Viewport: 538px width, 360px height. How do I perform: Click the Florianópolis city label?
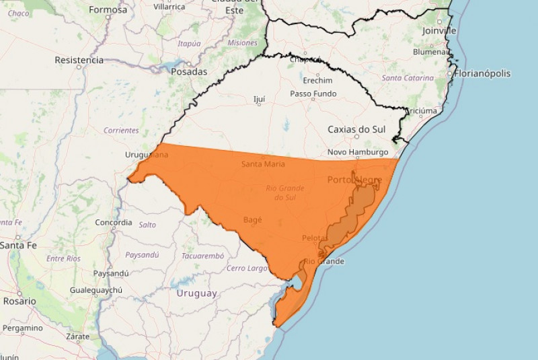pos(483,73)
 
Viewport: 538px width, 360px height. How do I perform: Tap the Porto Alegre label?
pos(354,180)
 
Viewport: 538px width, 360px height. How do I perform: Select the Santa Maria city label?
pos(263,164)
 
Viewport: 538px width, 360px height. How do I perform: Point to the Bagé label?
pos(252,219)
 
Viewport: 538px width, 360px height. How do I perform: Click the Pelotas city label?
pos(314,238)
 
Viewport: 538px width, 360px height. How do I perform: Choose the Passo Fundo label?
pos(313,94)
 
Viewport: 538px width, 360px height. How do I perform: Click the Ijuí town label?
pos(259,99)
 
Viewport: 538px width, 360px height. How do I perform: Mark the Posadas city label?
pos(189,71)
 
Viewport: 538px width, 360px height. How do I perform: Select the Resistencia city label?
pos(79,60)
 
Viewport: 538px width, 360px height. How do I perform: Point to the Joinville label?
pos(439,30)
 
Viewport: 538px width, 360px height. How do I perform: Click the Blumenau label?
pos(431,52)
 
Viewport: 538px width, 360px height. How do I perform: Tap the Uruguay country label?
pos(196,293)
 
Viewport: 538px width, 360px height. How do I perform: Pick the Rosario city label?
pos(19,301)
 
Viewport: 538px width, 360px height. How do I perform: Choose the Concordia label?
pos(114,222)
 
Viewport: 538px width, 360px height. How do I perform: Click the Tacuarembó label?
pos(202,256)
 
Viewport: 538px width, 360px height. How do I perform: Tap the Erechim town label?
pos(317,80)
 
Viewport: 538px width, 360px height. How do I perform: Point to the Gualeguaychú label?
pos(95,290)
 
